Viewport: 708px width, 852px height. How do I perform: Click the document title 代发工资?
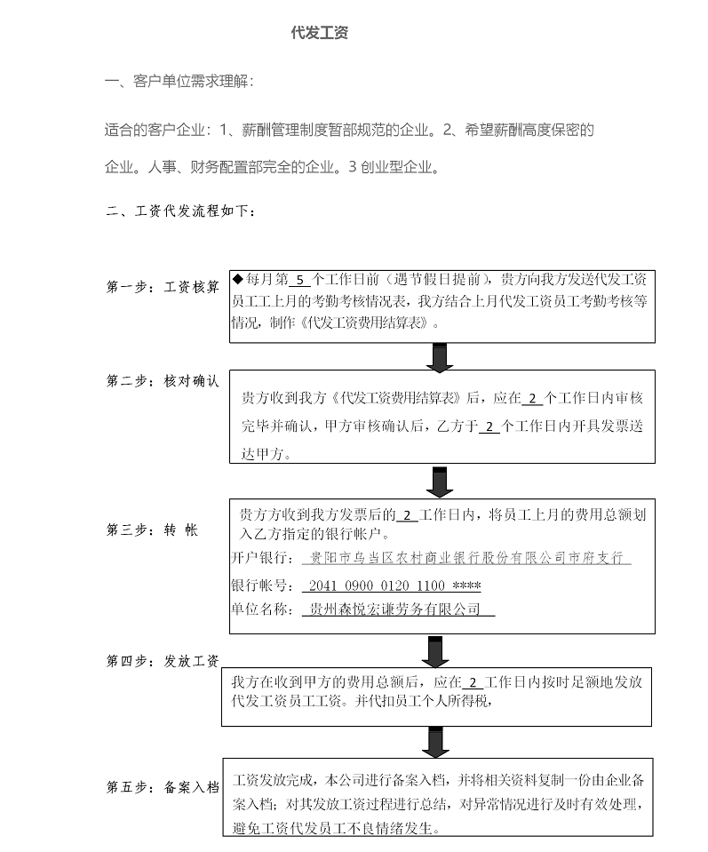click(320, 33)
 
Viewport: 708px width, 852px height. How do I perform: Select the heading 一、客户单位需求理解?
click(179, 82)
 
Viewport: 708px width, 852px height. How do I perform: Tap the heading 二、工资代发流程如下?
click(180, 211)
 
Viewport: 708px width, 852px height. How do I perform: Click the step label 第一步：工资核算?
click(163, 287)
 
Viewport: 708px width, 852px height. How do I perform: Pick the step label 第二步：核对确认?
click(163, 381)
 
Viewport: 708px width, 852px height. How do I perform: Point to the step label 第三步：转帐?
click(152, 530)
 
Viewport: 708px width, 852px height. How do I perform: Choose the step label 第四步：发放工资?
click(163, 661)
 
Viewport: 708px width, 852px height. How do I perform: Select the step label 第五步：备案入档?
click(163, 787)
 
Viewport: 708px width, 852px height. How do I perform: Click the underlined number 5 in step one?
click(300, 281)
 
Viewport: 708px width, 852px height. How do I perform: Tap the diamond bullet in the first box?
click(238, 279)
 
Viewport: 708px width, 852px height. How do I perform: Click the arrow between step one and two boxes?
click(440, 357)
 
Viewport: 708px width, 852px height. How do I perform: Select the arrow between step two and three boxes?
click(440, 482)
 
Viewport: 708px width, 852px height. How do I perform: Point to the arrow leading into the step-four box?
click(435, 651)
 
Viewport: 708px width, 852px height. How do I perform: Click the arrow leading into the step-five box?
click(435, 742)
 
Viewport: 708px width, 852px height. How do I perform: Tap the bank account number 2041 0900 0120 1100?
click(377, 585)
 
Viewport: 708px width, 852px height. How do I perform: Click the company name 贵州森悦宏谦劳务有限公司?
click(394, 609)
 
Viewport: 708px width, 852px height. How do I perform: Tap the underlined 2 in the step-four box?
click(473, 682)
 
